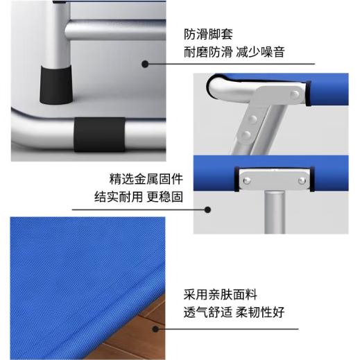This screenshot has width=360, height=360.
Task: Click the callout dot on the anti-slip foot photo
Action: coord(146,64)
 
